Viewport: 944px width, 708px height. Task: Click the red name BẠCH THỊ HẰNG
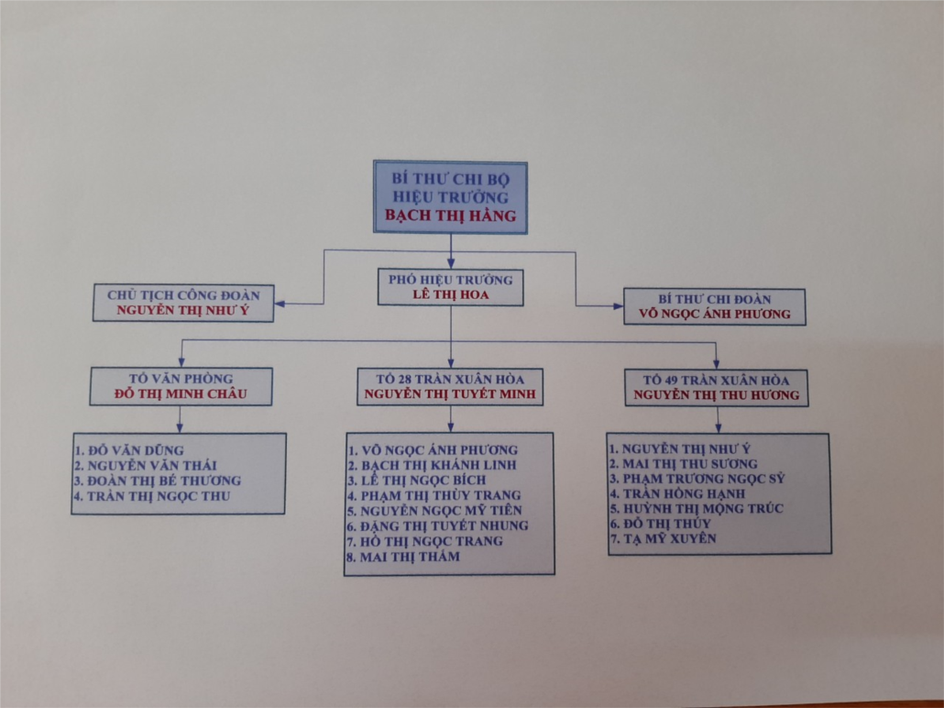click(x=450, y=216)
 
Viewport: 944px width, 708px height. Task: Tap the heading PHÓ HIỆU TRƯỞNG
click(x=450, y=280)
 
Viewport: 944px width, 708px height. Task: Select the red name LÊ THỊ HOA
click(x=450, y=294)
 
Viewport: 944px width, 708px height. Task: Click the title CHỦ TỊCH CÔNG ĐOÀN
click(x=183, y=295)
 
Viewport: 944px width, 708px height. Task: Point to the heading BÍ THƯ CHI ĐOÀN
click(x=715, y=299)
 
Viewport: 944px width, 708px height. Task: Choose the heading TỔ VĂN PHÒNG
click(x=181, y=379)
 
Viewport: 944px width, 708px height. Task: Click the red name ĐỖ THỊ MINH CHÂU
click(x=181, y=393)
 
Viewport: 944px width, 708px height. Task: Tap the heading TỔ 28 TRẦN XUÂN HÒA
click(x=450, y=379)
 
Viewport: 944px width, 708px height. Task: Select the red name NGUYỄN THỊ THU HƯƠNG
click(x=717, y=394)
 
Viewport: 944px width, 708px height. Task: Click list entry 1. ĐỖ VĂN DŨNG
click(x=129, y=450)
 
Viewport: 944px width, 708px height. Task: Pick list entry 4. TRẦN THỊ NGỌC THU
click(x=152, y=496)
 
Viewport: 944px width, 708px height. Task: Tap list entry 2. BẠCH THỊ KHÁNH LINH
click(x=432, y=465)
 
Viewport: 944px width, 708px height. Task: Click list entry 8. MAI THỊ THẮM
click(x=402, y=557)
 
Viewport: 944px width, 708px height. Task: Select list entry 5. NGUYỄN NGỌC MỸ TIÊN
click(x=434, y=510)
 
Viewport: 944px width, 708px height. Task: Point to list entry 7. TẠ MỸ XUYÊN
click(x=664, y=538)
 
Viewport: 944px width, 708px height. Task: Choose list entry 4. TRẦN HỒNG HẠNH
click(x=677, y=493)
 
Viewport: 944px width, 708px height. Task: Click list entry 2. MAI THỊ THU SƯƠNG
click(x=684, y=464)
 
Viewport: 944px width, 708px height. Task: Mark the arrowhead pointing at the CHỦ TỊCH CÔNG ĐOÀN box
click(x=280, y=304)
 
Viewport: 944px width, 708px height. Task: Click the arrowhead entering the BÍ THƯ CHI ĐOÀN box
click(x=619, y=306)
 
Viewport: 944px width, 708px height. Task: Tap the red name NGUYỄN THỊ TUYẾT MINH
click(x=450, y=394)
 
